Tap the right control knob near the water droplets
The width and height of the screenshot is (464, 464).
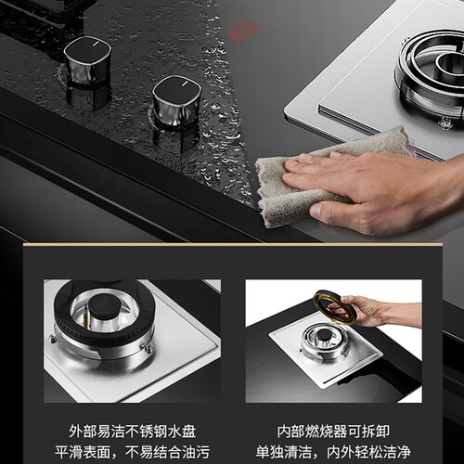pos(176,100)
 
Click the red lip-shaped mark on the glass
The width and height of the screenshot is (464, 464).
pos(244,31)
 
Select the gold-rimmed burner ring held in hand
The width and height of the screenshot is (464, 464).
pos(333,306)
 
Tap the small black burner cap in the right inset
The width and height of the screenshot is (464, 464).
pos(325,334)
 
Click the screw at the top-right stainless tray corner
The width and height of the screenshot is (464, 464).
pos(445,122)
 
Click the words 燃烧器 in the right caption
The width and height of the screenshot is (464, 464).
pos(327,431)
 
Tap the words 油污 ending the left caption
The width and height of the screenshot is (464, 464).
pos(196,452)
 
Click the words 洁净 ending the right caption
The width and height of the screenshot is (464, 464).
pos(397,452)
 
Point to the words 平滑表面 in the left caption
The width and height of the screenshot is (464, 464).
pos(83,452)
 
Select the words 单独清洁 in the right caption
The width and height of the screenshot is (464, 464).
pos(284,452)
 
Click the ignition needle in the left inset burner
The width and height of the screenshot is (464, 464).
pos(86,316)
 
